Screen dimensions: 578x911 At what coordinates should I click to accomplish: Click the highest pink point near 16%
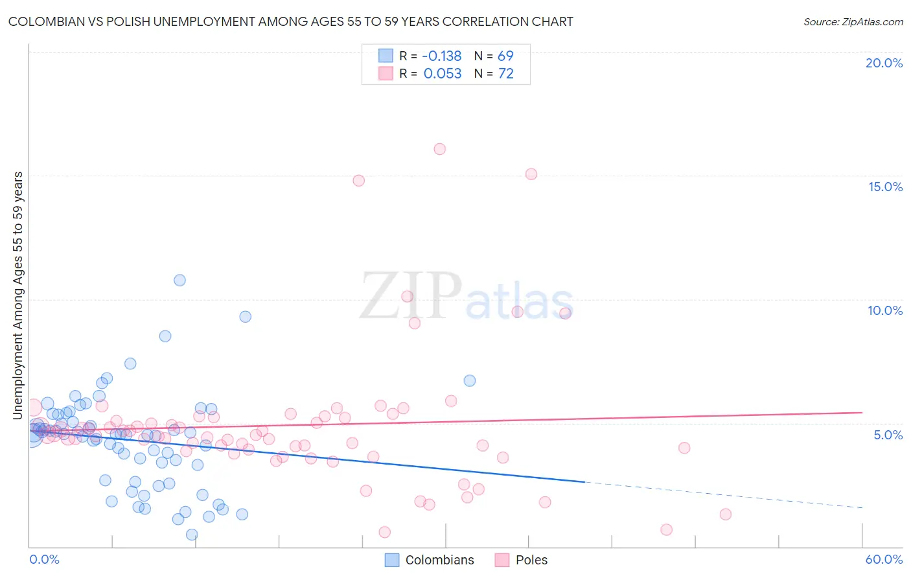[439, 149]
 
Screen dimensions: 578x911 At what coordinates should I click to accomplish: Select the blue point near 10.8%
[179, 280]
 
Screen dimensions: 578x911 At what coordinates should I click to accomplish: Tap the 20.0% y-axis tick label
[884, 63]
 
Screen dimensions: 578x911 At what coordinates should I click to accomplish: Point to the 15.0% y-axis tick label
[885, 187]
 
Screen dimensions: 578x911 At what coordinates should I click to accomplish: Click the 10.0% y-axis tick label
[885, 310]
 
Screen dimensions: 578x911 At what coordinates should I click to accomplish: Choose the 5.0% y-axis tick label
[888, 435]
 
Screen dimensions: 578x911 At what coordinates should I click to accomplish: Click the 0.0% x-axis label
[44, 559]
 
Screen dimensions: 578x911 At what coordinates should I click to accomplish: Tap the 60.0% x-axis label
[883, 559]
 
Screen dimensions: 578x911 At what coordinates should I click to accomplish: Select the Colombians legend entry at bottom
[430, 560]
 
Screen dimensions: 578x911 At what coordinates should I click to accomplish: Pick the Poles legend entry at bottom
[522, 560]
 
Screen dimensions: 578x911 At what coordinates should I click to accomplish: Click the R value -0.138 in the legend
[441, 56]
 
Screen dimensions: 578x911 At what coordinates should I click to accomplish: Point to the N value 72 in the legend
[505, 73]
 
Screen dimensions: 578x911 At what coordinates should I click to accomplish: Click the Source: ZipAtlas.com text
[853, 21]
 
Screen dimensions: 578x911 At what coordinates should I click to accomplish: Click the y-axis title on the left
[17, 295]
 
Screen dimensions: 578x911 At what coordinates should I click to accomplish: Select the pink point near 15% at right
[531, 174]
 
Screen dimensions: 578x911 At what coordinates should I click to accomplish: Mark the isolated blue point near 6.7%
[470, 380]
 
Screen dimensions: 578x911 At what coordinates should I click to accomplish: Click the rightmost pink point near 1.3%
[726, 514]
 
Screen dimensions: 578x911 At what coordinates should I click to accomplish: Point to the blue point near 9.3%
[245, 316]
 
